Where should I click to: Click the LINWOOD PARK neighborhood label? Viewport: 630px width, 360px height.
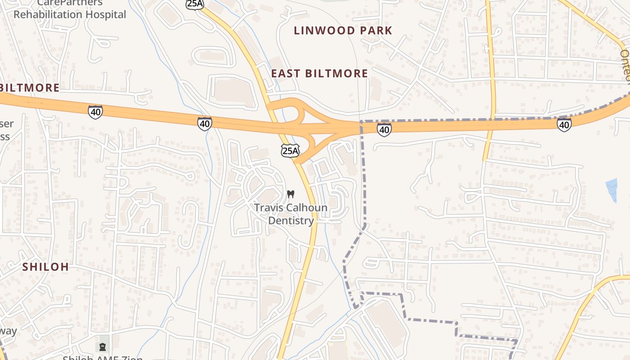tap(343, 31)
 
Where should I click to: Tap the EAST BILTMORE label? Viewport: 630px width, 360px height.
tap(319, 73)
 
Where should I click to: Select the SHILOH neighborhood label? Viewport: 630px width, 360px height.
tap(46, 267)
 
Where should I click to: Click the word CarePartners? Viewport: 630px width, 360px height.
tap(70, 3)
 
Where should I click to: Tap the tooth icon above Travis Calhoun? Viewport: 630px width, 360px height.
tap(291, 195)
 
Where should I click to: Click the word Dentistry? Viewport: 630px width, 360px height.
tap(291, 220)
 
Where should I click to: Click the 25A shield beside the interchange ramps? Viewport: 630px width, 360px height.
tap(290, 151)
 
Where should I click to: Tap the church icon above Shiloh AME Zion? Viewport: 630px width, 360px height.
tap(103, 347)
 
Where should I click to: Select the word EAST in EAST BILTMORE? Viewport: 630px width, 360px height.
tap(286, 73)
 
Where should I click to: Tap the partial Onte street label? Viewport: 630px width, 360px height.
tap(625, 65)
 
